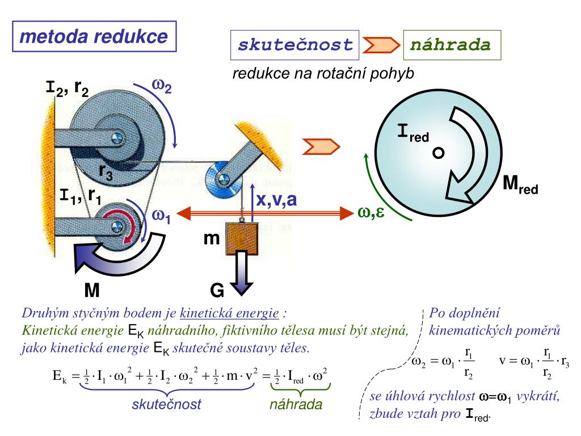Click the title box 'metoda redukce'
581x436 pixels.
[x=94, y=36]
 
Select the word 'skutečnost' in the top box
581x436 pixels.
[x=295, y=45]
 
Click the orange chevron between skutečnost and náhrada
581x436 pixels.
[x=381, y=45]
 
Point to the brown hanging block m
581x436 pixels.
[x=242, y=238]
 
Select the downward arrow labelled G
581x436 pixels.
[x=241, y=272]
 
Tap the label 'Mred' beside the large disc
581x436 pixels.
[x=520, y=185]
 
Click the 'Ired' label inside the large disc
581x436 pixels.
[x=413, y=133]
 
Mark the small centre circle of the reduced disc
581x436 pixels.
[x=439, y=153]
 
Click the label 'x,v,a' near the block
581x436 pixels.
[x=276, y=200]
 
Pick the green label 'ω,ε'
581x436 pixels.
[x=371, y=212]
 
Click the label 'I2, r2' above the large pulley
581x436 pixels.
[x=67, y=88]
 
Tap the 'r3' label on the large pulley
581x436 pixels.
[x=106, y=171]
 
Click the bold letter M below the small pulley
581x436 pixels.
[x=92, y=290]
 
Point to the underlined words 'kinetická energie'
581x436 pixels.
[x=229, y=313]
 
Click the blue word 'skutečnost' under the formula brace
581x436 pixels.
[x=166, y=404]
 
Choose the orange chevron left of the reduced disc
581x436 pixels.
[x=321, y=146]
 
